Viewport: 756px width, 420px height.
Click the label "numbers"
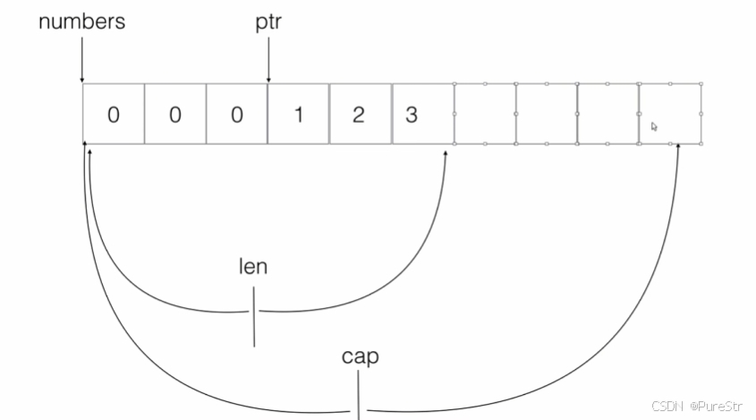click(x=81, y=21)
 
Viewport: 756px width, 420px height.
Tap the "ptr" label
click(x=268, y=21)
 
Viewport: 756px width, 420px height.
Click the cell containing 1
click(x=298, y=115)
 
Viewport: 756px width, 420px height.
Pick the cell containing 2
click(x=359, y=115)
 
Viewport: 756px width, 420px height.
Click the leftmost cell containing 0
click(x=113, y=115)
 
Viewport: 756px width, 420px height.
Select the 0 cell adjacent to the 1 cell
click(x=236, y=115)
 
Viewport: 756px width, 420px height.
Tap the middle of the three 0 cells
click(x=174, y=115)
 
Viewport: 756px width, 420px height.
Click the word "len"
click(x=253, y=266)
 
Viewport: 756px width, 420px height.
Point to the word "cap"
click(x=360, y=356)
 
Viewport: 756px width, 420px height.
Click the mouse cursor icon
click(x=654, y=126)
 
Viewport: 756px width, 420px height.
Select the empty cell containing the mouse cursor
click(x=670, y=114)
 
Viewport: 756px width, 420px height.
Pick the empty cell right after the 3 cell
click(x=484, y=114)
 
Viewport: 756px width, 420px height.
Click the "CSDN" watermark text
click(x=667, y=406)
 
